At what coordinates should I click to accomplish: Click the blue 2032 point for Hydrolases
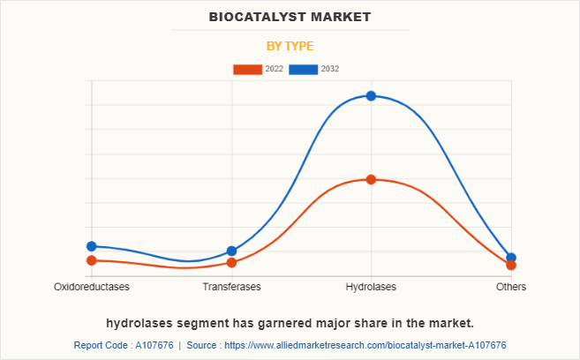pyautogui.click(x=371, y=95)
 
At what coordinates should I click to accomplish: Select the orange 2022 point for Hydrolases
pyautogui.click(x=371, y=179)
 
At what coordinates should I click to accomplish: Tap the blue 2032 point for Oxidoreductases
pyautogui.click(x=91, y=246)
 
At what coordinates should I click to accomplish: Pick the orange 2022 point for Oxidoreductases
pyautogui.click(x=91, y=260)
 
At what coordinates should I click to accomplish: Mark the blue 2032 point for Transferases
pyautogui.click(x=231, y=251)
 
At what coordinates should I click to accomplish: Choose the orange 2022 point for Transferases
pyautogui.click(x=231, y=263)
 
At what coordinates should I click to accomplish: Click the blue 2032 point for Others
pyautogui.click(x=511, y=258)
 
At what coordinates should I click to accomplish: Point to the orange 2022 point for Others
pyautogui.click(x=511, y=265)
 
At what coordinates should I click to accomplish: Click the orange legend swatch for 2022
pyautogui.click(x=247, y=69)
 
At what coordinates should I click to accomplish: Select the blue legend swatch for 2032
pyautogui.click(x=304, y=69)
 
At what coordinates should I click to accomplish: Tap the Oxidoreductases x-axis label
pyautogui.click(x=92, y=288)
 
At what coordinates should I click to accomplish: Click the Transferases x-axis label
pyautogui.click(x=231, y=288)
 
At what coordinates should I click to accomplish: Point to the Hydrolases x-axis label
pyautogui.click(x=371, y=288)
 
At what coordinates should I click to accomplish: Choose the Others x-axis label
pyautogui.click(x=511, y=288)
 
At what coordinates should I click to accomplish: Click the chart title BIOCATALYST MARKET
pyautogui.click(x=290, y=17)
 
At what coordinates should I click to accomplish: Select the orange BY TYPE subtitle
pyautogui.click(x=290, y=46)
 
